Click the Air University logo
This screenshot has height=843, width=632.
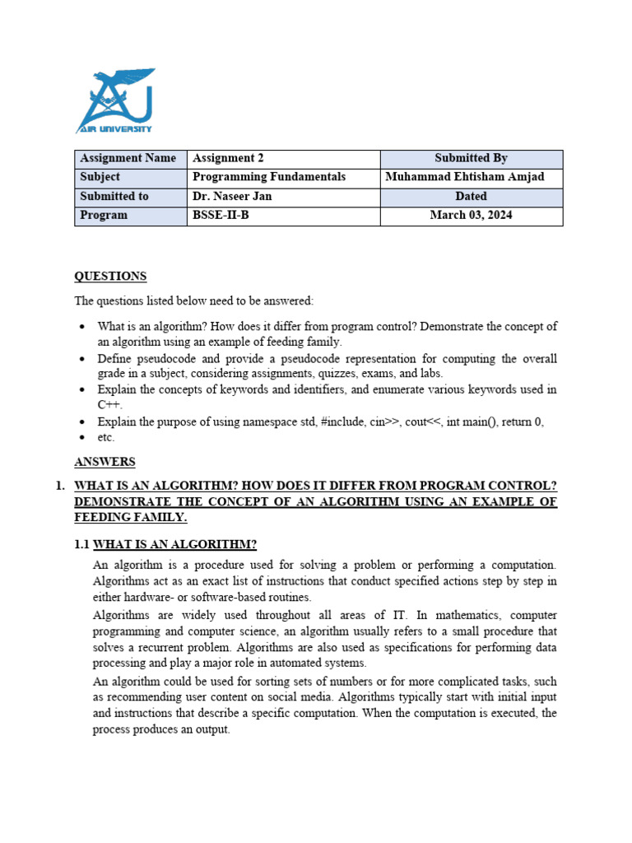pyautogui.click(x=114, y=101)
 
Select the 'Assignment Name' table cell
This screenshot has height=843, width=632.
pyautogui.click(x=128, y=158)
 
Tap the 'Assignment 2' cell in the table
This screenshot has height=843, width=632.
pyautogui.click(x=228, y=158)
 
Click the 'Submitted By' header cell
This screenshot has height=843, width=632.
pyautogui.click(x=471, y=158)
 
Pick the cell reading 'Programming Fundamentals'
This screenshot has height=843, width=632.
pyautogui.click(x=269, y=177)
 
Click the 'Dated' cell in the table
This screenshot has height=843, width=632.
pyautogui.click(x=471, y=196)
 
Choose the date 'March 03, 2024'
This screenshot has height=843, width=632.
pyautogui.click(x=471, y=215)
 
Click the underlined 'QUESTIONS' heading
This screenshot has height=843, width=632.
pyautogui.click(x=110, y=277)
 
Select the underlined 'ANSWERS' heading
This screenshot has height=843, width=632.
pyautogui.click(x=105, y=462)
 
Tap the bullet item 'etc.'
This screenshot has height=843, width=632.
pyautogui.click(x=106, y=437)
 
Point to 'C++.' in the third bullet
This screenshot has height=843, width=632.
pyautogui.click(x=110, y=405)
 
